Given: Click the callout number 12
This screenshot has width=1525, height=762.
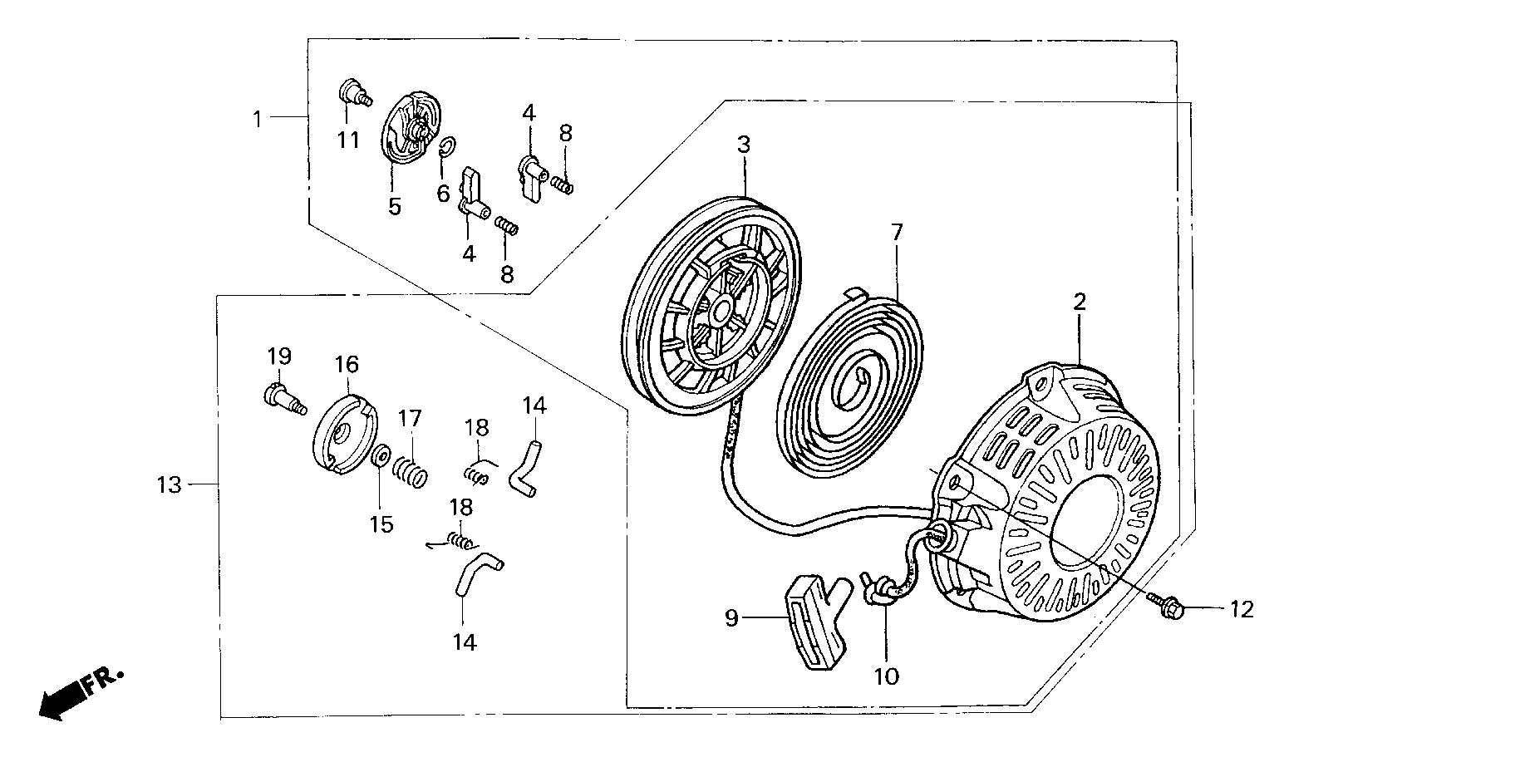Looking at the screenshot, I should click(1241, 610).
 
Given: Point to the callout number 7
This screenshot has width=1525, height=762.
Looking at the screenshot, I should click(897, 233).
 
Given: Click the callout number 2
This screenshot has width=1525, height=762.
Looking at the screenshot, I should click(1079, 302).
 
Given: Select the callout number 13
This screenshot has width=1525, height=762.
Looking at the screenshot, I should click(169, 484).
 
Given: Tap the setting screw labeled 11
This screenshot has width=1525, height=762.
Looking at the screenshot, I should click(352, 92).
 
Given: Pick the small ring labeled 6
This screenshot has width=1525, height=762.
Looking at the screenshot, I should click(445, 147).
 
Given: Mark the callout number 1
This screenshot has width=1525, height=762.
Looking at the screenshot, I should click(258, 120).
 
